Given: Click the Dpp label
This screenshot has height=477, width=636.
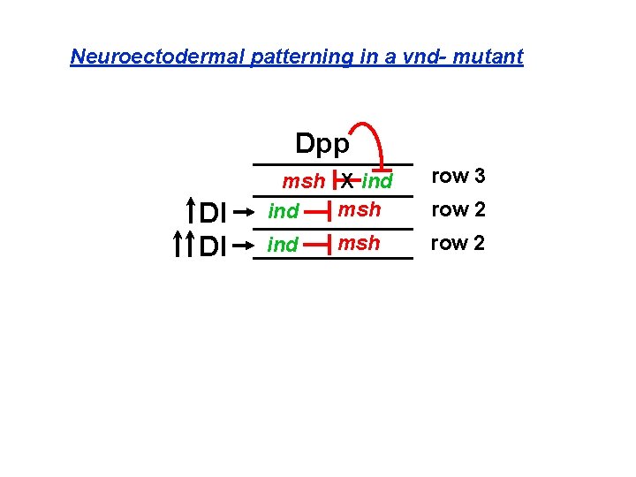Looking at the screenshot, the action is tap(322, 143).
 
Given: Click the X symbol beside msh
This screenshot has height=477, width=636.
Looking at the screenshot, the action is tap(348, 182).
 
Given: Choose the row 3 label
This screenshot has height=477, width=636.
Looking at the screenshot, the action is tap(458, 176).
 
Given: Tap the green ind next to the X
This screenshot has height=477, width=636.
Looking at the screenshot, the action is tap(377, 182).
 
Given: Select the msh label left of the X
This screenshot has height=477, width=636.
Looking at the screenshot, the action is tap(303, 182).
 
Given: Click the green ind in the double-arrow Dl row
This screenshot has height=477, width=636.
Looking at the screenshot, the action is tap(283, 245).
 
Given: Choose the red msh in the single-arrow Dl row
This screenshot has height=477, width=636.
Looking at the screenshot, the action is tap(360, 210).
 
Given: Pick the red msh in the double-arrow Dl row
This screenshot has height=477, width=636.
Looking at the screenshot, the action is tap(360, 242).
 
